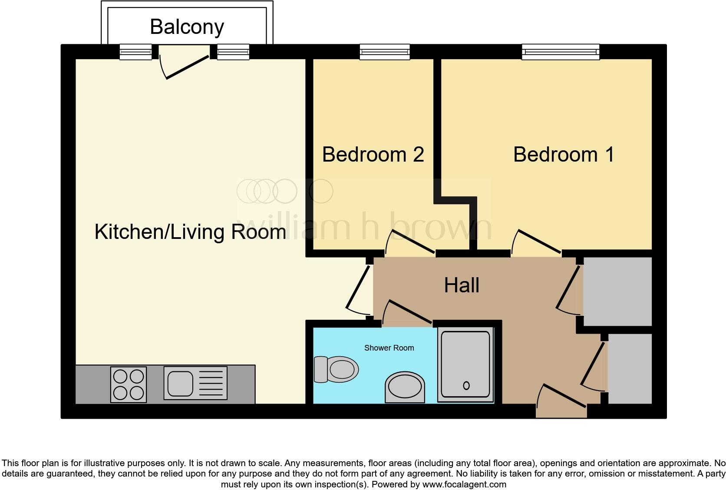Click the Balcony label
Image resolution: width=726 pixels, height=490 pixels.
coord(187,27)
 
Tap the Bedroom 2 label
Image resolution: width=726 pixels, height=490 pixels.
coord(373,155)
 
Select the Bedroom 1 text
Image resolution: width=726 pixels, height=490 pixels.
coord(563,155)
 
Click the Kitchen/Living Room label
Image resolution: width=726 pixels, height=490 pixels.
coord(190,232)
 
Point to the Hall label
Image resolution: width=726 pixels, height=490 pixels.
coord(462,285)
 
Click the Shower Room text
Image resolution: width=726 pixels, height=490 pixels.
coord(389,348)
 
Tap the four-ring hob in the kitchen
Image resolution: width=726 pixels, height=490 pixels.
coord(128,384)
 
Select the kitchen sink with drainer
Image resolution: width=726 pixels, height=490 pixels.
coord(195,383)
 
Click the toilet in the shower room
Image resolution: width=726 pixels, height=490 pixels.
coord(336,370)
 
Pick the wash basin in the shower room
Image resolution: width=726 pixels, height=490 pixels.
coord(405,387)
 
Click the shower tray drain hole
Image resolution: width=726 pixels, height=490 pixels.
coord(466,385)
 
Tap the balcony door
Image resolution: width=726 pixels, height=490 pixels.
coord(185,65)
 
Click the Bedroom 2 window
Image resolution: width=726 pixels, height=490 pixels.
coord(385,52)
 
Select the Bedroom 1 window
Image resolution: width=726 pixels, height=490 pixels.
coord(561,52)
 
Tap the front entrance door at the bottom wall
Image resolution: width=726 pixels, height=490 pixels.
coord(561,400)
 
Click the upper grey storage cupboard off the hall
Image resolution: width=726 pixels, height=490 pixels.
coord(617,291)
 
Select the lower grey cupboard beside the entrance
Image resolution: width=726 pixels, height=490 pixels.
coord(630,368)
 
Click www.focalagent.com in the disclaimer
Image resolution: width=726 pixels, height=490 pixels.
coord(464,484)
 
